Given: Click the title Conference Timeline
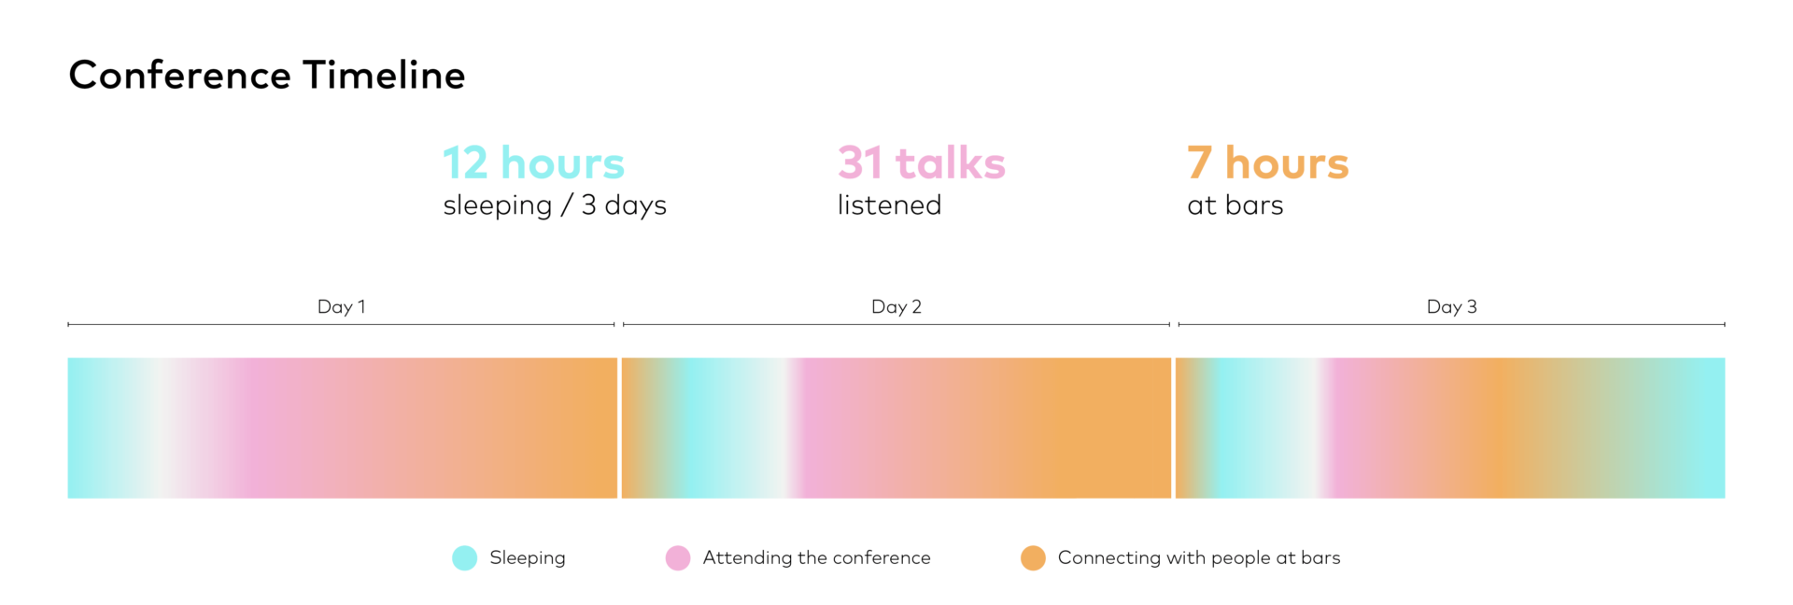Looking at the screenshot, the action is tap(267, 76).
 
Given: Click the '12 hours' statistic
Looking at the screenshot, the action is tap(533, 163).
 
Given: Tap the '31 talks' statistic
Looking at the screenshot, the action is tap(921, 163).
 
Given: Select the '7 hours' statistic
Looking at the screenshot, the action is tap(1268, 163).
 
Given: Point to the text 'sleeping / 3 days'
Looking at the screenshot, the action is tap(555, 205).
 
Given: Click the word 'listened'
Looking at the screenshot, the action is tap(889, 205).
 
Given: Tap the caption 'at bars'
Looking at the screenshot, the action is tap(1235, 205).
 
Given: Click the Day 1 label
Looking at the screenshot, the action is tap(342, 306).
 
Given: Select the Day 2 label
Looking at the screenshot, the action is tap(896, 306).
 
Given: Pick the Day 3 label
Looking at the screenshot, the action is tap(1452, 306).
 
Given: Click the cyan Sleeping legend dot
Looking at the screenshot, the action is tap(464, 558).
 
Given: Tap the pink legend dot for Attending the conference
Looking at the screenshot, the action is tap(678, 558).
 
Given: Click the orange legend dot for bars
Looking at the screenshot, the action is tap(1033, 558).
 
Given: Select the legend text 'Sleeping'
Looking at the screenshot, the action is tap(528, 558).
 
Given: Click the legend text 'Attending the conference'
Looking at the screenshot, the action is tap(817, 557).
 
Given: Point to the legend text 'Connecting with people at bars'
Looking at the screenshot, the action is tap(1199, 558).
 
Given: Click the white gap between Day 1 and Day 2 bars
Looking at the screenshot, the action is tap(620, 428).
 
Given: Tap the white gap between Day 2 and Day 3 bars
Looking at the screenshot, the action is tap(1174, 428).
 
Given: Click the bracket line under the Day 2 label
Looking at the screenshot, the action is tap(896, 325).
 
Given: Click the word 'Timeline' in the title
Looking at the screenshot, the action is tap(384, 76).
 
